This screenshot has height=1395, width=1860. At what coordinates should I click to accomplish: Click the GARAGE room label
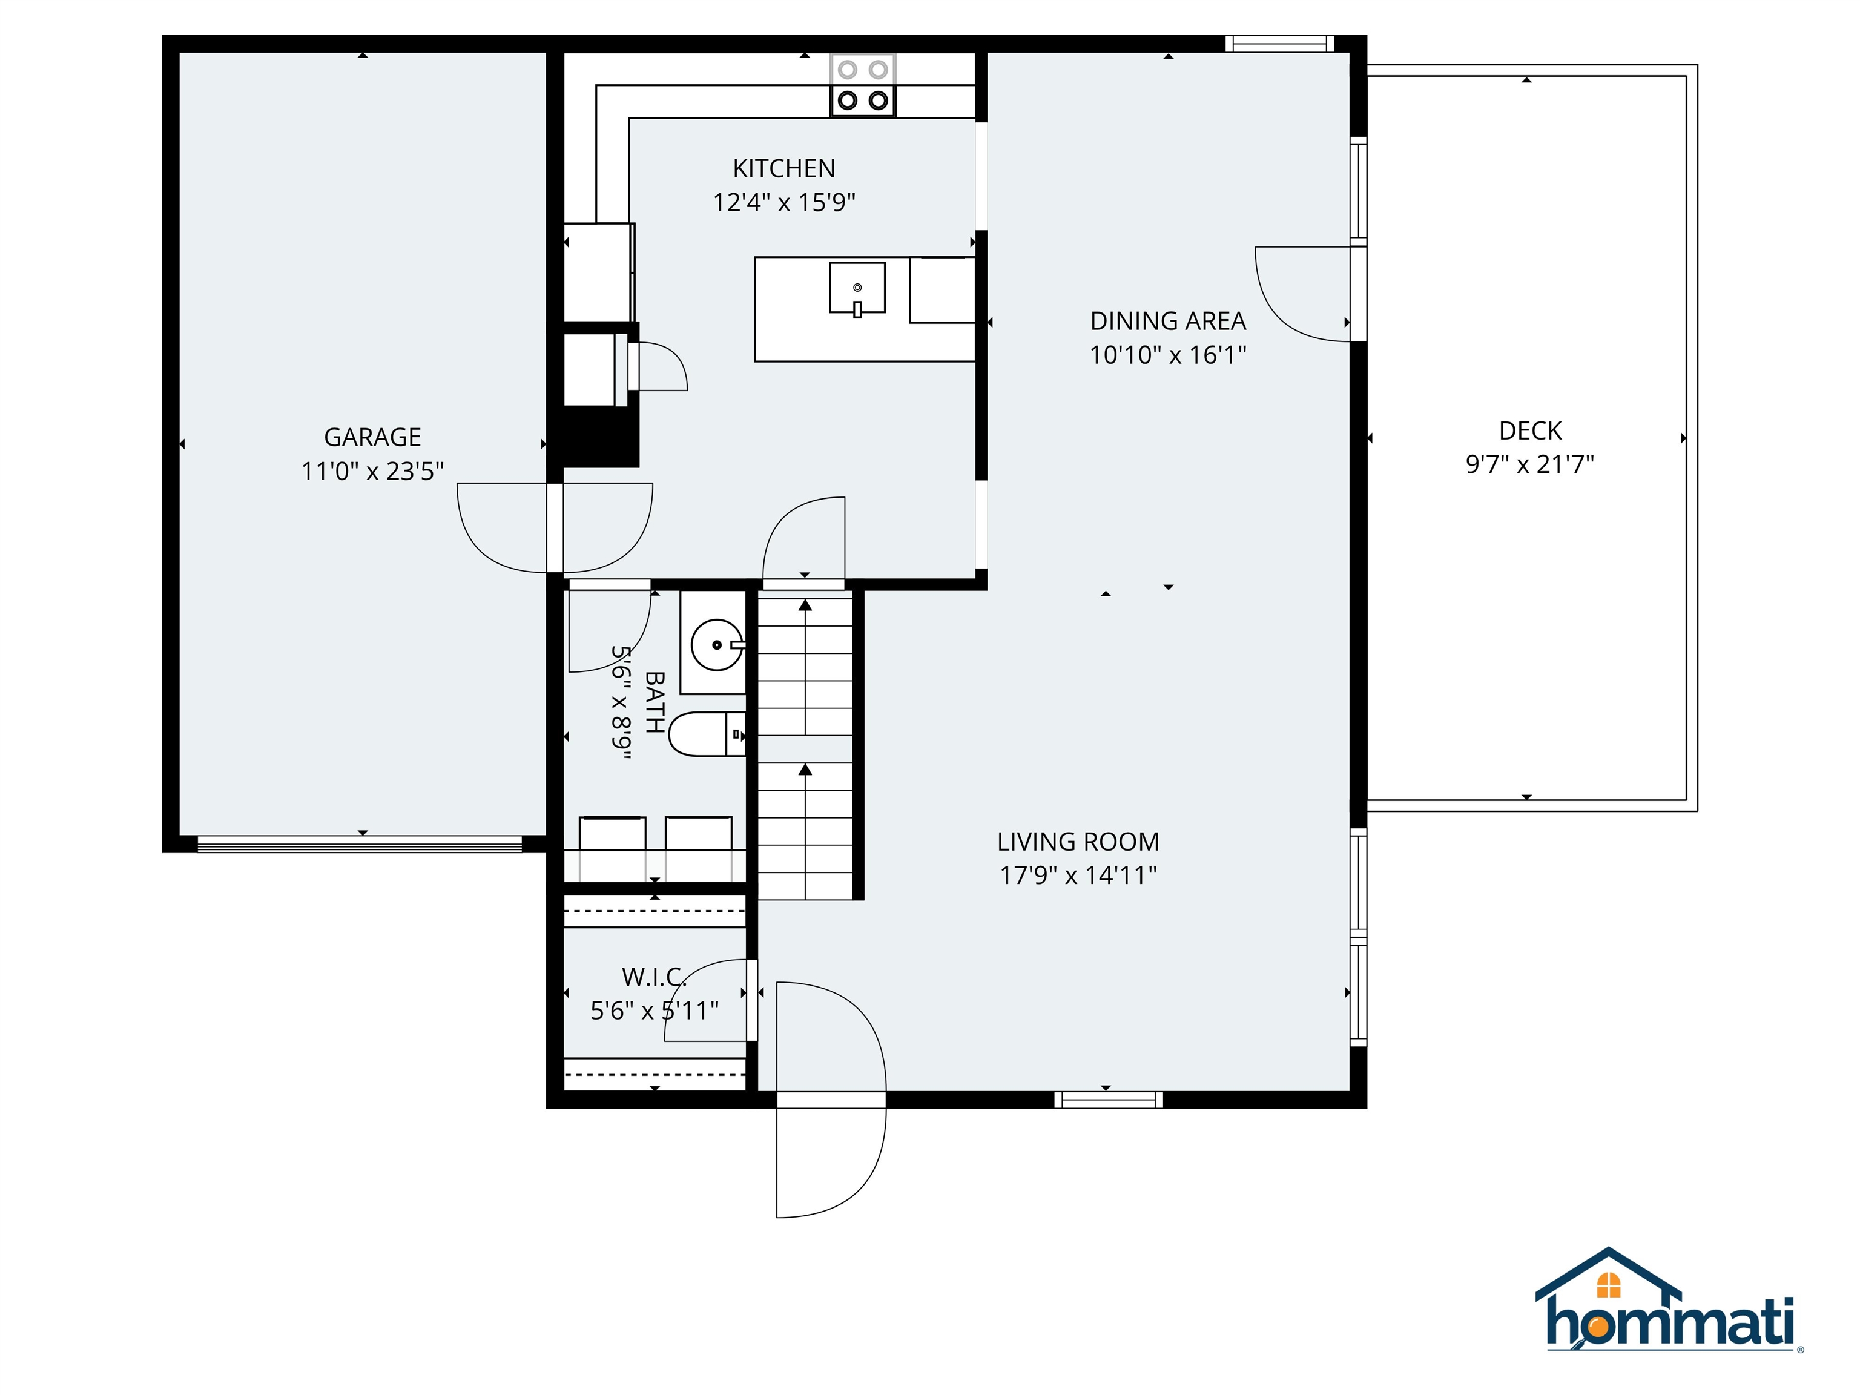tap(372, 437)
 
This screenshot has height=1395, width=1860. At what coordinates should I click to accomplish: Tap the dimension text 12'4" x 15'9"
tap(783, 203)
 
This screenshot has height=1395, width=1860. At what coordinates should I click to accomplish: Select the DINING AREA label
tap(1167, 322)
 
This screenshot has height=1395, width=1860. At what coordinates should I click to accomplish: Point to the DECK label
tap(1529, 430)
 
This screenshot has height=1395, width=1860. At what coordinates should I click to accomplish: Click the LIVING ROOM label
tap(1078, 842)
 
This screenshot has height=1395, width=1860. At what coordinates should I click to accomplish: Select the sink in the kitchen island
tap(857, 288)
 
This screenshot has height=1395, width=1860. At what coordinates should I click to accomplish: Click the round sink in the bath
tap(716, 645)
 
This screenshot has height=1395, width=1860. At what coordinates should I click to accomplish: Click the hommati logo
tap(1669, 1313)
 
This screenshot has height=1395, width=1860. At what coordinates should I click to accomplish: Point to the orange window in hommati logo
tap(1608, 1285)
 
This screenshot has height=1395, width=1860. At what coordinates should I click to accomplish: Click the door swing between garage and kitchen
tap(555, 528)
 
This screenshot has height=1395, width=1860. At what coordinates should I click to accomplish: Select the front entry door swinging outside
tap(830, 1161)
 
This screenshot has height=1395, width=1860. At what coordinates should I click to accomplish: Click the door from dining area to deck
tap(1304, 294)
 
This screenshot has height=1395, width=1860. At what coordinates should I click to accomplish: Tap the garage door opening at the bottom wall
tap(360, 843)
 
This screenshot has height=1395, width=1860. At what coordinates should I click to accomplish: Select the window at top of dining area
tap(1279, 44)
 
